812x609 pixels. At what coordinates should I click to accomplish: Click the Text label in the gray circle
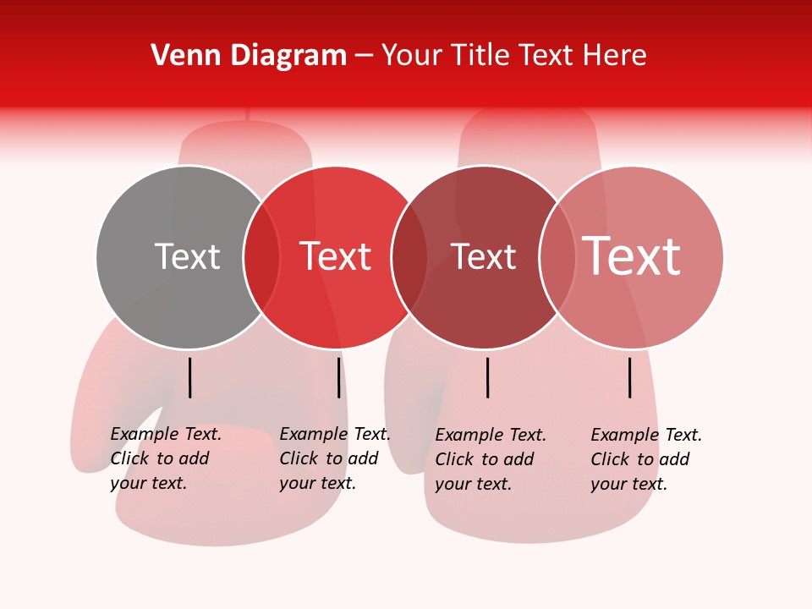(x=187, y=256)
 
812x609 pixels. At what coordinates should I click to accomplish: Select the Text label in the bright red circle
(x=335, y=256)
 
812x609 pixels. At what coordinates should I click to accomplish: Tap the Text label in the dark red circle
(x=483, y=256)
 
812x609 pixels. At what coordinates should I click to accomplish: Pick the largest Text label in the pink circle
(x=631, y=256)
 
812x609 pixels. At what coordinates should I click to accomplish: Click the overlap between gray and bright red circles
(x=261, y=257)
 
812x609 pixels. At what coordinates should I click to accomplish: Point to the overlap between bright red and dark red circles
(x=409, y=257)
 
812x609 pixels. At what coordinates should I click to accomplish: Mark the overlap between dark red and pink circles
(x=557, y=257)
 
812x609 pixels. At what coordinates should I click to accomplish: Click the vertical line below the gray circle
(x=190, y=377)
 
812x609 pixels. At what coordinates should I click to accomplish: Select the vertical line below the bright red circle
(x=338, y=377)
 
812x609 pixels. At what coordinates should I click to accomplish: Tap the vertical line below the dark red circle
(x=487, y=377)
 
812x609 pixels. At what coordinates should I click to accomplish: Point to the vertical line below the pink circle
(x=630, y=377)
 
